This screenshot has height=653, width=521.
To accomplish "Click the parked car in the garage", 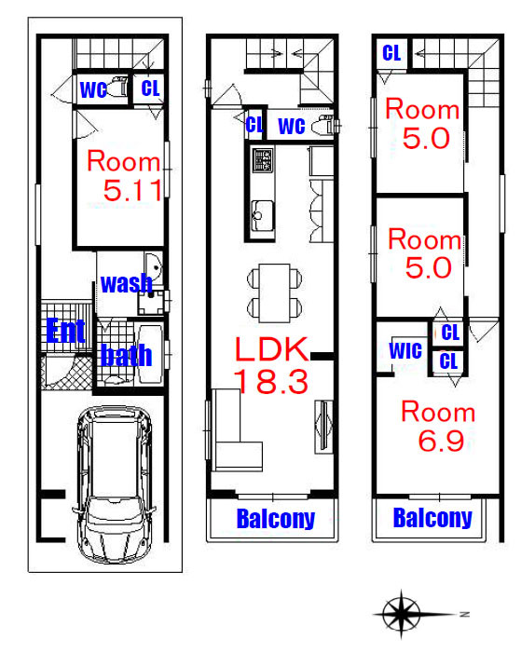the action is coord(114,484).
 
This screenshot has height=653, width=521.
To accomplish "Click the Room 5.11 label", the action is coord(124,175).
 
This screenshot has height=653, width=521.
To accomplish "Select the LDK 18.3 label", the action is coord(271,365).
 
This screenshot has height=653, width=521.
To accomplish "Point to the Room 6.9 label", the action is coord(438,426).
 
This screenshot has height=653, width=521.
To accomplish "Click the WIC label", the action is coord(405,350).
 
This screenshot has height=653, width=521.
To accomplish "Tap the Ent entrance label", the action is coord(65,331).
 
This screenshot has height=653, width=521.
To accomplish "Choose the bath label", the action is coord(127,355).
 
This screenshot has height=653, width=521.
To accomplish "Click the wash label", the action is coord(127,283).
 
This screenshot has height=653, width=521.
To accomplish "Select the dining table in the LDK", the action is coord(274,292).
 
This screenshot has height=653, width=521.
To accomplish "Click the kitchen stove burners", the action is coord(263,160).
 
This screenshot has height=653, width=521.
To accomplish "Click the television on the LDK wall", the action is coord(323,427).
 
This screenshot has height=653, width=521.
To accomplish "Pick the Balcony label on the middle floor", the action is coord(276,519).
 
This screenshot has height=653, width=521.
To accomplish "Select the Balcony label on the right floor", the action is coord(432,518).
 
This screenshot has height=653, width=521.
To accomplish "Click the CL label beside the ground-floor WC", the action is coord(150,88).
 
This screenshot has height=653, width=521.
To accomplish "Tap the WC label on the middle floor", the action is coord(292,126).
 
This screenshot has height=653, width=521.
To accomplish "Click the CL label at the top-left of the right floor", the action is coord(391,53).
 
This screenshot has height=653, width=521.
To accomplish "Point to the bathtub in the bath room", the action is coord(150,354).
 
